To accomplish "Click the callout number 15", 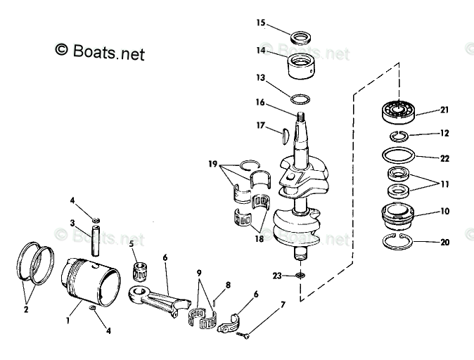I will tap(260, 22).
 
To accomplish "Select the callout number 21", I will tap(444, 110).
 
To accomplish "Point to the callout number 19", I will tap(212, 164).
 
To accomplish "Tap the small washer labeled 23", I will tap(300, 276).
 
